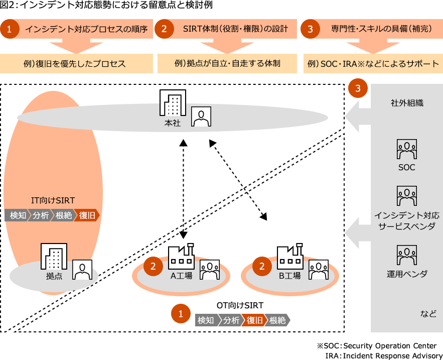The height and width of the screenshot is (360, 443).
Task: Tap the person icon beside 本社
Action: pos(201,116)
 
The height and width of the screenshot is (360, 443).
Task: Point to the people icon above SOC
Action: pos(406,149)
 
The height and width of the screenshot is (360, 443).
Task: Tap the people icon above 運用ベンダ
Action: pos(406,255)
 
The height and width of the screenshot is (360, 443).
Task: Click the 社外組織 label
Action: pos(407,103)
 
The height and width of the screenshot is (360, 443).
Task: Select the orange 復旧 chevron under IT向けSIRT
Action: pos(87,215)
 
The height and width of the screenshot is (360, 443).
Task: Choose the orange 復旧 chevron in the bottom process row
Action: pos(254,320)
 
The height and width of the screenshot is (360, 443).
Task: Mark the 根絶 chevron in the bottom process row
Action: pos(277,320)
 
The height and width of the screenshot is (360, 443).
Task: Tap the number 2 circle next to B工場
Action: pos(261,266)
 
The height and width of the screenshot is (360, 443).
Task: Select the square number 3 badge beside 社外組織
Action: pos(358,88)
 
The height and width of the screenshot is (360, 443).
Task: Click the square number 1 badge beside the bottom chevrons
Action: pos(181,313)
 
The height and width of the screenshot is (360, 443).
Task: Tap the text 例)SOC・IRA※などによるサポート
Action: pos(373,64)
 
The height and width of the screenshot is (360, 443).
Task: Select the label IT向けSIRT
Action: pos(53,200)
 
